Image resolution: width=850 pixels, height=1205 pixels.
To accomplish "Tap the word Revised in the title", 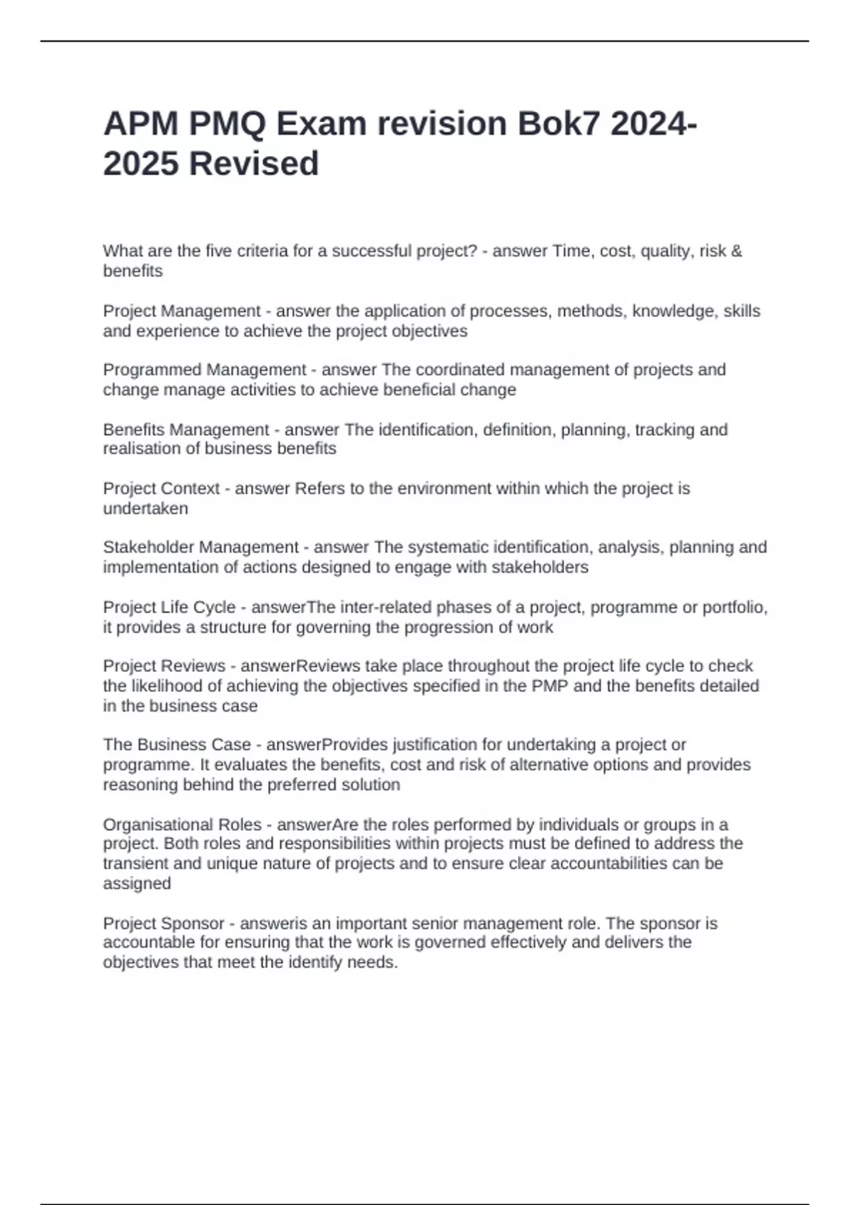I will click(254, 164).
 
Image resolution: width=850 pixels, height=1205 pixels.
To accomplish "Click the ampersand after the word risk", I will click(737, 251).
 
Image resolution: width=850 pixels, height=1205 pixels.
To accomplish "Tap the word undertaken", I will click(146, 509).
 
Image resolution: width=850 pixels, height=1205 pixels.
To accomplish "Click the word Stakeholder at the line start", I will click(149, 547).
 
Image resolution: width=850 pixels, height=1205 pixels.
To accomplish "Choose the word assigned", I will click(137, 883).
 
